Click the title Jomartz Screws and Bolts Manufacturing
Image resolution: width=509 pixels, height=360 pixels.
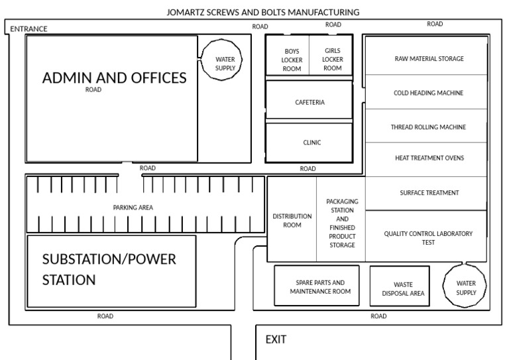264,12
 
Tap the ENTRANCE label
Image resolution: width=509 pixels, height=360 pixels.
28,29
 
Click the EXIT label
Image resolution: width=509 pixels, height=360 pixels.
276,339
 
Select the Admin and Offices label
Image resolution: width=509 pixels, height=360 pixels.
114,78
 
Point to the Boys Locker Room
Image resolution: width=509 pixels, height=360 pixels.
292,60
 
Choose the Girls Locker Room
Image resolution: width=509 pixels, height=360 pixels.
332,59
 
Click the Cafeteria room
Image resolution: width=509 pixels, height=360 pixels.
310,102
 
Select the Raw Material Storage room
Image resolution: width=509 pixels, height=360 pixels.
429,58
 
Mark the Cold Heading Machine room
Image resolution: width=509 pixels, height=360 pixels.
428,93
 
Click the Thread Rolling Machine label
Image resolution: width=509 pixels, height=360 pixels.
428,127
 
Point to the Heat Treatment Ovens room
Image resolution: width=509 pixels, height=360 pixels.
429,158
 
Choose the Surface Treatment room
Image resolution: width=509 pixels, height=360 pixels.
429,193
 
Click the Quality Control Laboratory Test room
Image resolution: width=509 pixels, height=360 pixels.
428,237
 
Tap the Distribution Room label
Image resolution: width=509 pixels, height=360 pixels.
292,220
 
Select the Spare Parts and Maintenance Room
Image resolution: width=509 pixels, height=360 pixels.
319,286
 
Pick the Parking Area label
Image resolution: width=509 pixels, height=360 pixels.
133,208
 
